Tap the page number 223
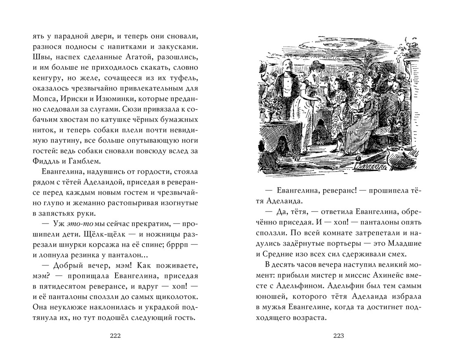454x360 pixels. (x=338, y=335)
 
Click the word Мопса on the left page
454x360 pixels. (x=44, y=100)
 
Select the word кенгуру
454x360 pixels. (x=47, y=79)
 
